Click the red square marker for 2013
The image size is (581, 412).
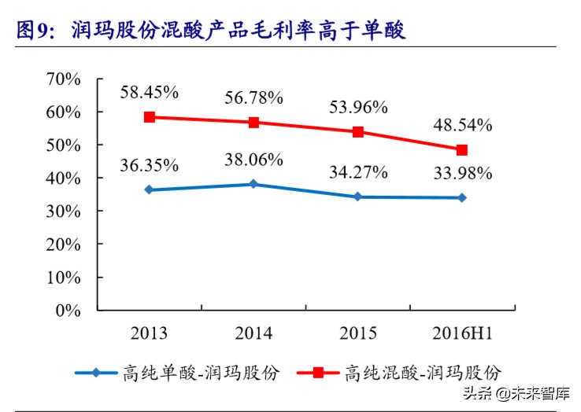click(x=150, y=117)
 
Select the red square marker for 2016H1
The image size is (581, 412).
click(x=462, y=149)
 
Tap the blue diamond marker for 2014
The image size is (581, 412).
click(x=253, y=184)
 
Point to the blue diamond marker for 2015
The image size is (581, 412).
click(x=358, y=197)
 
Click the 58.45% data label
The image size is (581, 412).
click(x=150, y=92)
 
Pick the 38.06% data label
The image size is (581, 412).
click(x=253, y=160)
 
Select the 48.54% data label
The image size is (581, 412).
click(x=463, y=124)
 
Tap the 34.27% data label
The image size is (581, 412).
click(x=358, y=171)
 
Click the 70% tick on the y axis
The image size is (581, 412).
click(x=64, y=79)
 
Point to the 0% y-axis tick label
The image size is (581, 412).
click(x=68, y=310)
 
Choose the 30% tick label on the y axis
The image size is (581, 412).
click(x=64, y=211)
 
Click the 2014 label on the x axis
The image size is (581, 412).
click(x=253, y=333)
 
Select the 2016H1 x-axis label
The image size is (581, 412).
click(x=463, y=333)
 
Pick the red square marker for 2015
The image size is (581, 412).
click(x=358, y=132)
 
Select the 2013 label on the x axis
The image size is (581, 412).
click(x=150, y=333)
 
